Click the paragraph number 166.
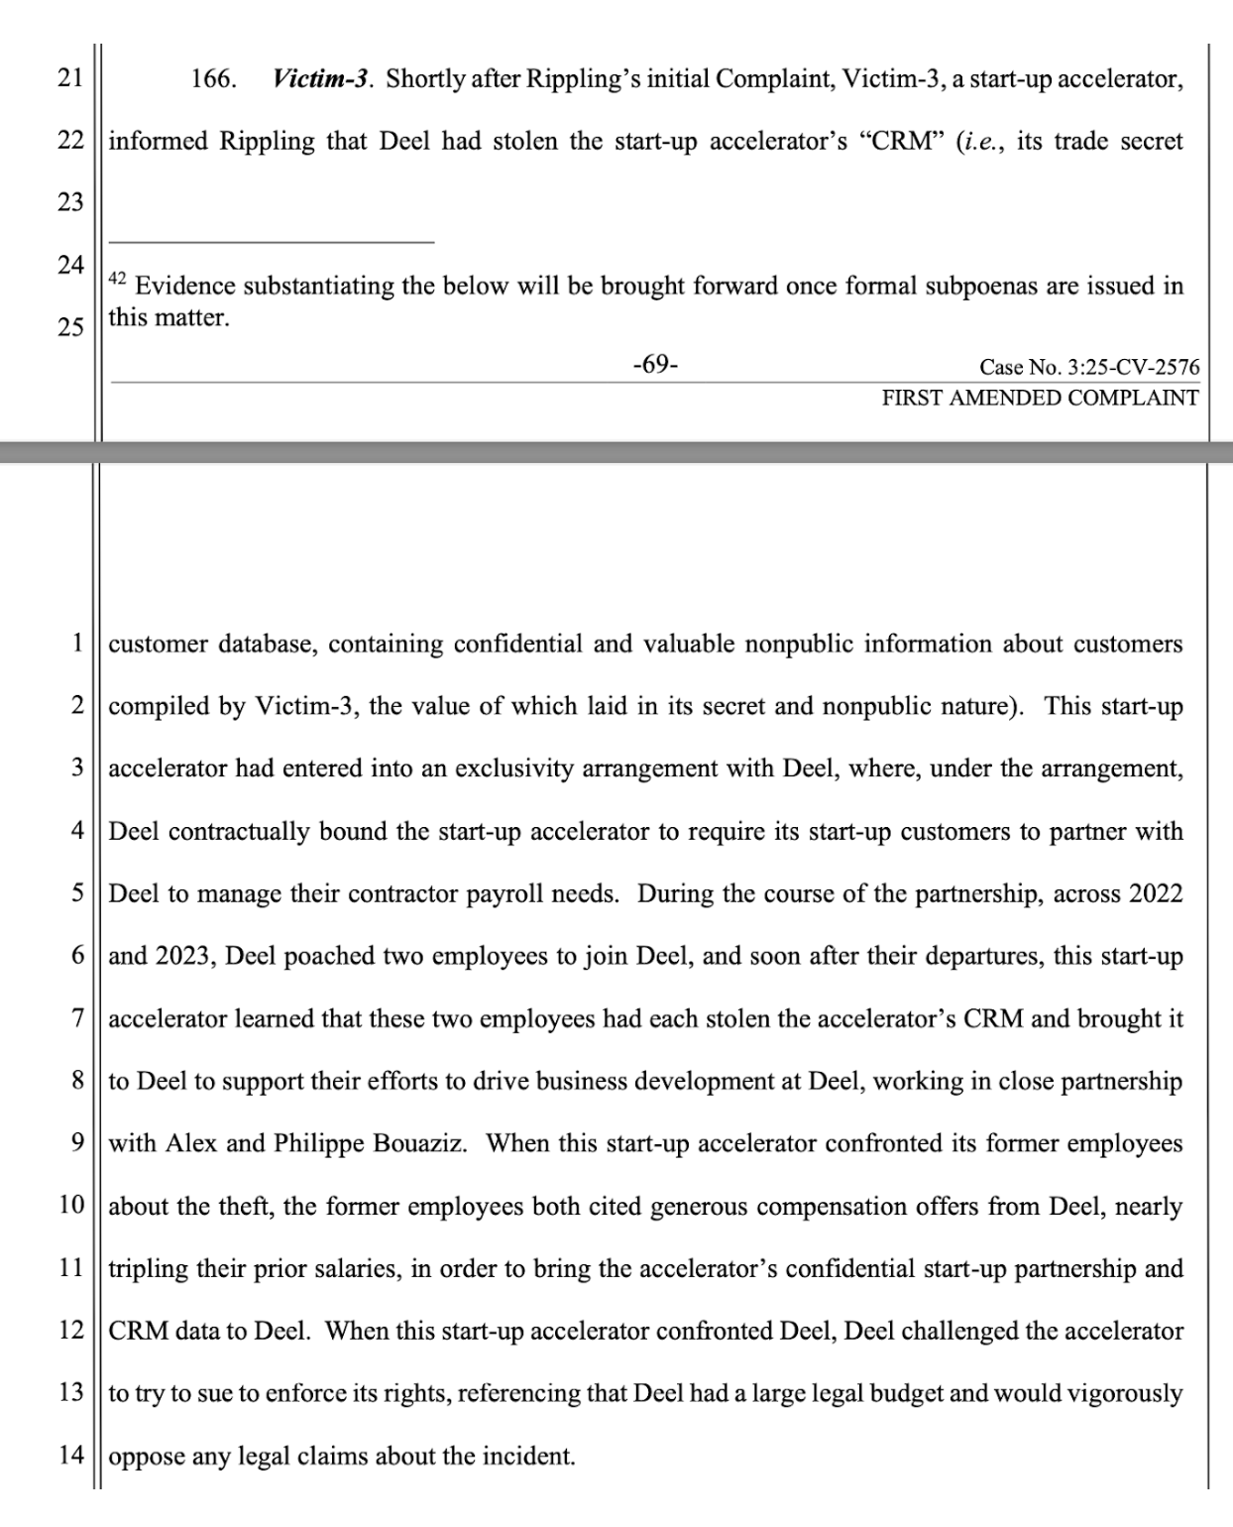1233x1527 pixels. coord(213,79)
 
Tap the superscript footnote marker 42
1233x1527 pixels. coord(117,280)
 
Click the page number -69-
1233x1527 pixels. coord(655,365)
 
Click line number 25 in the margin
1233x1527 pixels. coord(70,327)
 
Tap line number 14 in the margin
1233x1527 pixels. coord(70,1456)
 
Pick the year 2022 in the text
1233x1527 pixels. coord(1155,894)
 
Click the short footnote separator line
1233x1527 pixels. coord(272,242)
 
